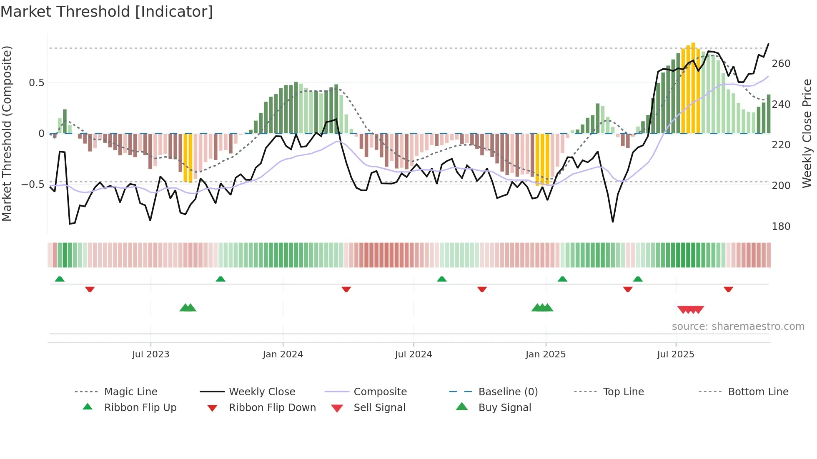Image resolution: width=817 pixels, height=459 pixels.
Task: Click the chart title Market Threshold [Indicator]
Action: pyautogui.click(x=107, y=12)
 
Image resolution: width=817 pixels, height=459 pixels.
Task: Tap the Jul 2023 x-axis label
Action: pyautogui.click(x=150, y=354)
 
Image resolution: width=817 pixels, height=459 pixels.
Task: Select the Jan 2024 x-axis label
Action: pyautogui.click(x=283, y=354)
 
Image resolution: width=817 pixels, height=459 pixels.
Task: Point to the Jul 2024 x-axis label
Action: pyautogui.click(x=414, y=354)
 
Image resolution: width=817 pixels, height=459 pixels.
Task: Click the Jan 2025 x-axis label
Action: pyautogui.click(x=546, y=354)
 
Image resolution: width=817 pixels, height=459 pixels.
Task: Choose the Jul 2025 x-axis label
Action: pyautogui.click(x=676, y=354)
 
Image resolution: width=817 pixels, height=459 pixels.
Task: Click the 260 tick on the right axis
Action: pyautogui.click(x=781, y=64)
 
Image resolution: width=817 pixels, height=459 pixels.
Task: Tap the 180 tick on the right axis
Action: pyautogui.click(x=781, y=227)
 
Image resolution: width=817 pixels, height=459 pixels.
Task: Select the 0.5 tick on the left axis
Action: pyautogui.click(x=36, y=83)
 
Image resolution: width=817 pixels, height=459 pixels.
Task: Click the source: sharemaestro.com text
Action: pyautogui.click(x=738, y=327)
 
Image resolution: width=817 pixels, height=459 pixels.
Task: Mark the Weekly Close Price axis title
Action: pyautogui.click(x=807, y=133)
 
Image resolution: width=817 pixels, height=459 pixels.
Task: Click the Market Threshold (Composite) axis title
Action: pyautogui.click(x=7, y=133)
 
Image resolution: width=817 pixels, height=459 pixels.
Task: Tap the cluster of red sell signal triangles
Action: pyautogui.click(x=690, y=309)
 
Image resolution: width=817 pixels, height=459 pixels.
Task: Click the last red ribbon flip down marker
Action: pyautogui.click(x=728, y=289)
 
